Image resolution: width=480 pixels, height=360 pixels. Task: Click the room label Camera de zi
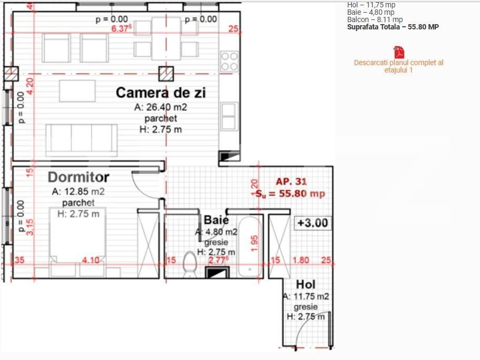click(160, 93)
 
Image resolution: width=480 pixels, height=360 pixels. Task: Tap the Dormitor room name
click(78, 177)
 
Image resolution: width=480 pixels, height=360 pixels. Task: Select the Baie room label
click(216, 220)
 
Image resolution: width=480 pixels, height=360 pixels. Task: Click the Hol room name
click(305, 284)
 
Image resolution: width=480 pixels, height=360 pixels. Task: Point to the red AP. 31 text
click(291, 181)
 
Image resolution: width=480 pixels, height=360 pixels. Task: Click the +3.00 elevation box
click(312, 223)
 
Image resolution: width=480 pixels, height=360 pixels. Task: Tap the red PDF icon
click(399, 53)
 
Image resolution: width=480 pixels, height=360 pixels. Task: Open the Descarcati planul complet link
click(399, 66)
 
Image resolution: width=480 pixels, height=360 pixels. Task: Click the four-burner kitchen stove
click(229, 61)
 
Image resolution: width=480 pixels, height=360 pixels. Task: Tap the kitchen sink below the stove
click(228, 116)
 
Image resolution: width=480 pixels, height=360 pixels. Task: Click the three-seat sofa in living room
click(81, 139)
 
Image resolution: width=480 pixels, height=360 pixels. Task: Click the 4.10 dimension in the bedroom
click(91, 260)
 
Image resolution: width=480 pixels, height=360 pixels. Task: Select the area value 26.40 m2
click(161, 107)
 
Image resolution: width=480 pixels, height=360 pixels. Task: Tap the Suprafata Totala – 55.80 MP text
click(393, 27)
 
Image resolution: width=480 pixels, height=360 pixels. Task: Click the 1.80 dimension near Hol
click(300, 260)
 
